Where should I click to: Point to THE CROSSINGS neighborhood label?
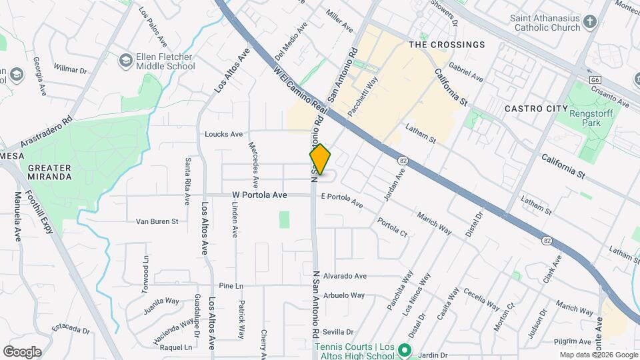point(447,45)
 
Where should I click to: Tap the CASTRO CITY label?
point(531,108)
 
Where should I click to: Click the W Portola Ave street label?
point(259,195)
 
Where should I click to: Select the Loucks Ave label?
point(224,134)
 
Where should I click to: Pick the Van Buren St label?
point(157,221)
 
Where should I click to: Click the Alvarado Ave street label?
point(345,276)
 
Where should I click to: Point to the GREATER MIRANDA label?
point(50,172)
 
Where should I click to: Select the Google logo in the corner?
point(22,351)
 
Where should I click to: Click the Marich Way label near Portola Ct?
point(434,223)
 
